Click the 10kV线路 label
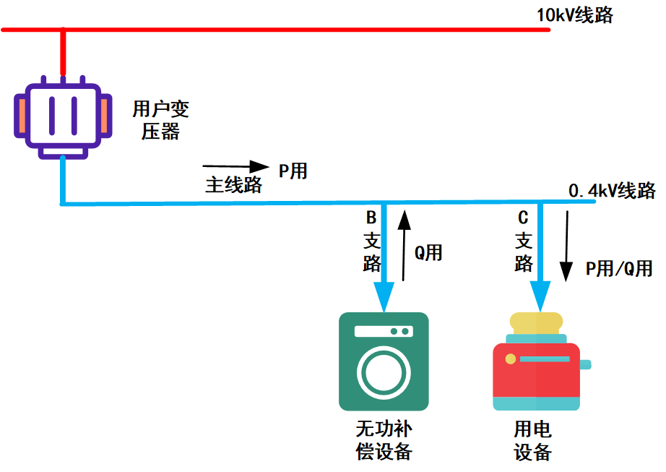[x=574, y=14]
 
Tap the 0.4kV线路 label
[x=612, y=190]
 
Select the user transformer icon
[x=64, y=116]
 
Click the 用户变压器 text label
[x=160, y=120]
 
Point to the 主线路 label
[x=233, y=184]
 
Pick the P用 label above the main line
[x=293, y=171]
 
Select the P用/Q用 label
[x=618, y=269]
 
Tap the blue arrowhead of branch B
[x=384, y=296]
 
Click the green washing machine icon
[x=384, y=361]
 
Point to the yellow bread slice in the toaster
[x=536, y=322]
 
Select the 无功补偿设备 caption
[x=384, y=439]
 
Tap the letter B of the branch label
[x=371, y=217]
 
